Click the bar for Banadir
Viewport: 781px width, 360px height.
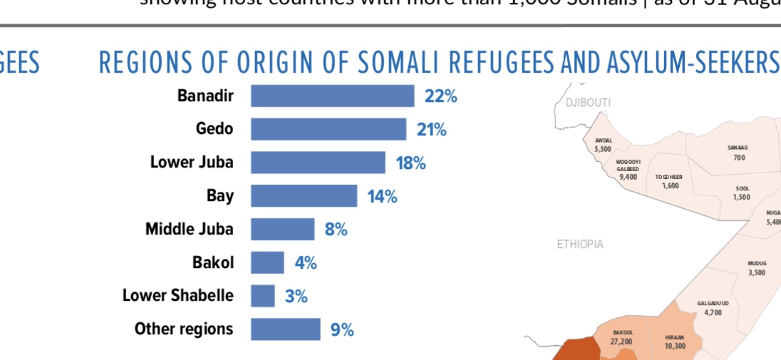click(332, 96)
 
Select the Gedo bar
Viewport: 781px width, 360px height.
click(329, 129)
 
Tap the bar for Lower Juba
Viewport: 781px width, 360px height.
click(318, 163)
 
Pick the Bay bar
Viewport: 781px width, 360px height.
click(304, 196)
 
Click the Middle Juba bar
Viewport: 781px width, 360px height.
click(282, 229)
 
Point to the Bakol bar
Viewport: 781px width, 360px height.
click(267, 262)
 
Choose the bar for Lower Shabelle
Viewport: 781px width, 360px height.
click(262, 295)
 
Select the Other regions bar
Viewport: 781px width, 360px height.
click(285, 329)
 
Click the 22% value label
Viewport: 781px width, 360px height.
click(440, 96)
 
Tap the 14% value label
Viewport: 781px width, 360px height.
click(383, 196)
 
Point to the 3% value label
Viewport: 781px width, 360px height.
click(296, 296)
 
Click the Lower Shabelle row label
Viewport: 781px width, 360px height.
click(177, 295)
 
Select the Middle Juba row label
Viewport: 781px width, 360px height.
click(189, 229)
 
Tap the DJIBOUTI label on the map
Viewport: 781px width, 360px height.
click(588, 103)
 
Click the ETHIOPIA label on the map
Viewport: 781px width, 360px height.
click(580, 245)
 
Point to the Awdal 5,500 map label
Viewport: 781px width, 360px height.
click(603, 145)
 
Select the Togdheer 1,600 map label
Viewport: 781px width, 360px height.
click(670, 181)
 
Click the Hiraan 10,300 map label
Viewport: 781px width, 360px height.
click(674, 341)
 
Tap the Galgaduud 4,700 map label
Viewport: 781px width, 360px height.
click(713, 308)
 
